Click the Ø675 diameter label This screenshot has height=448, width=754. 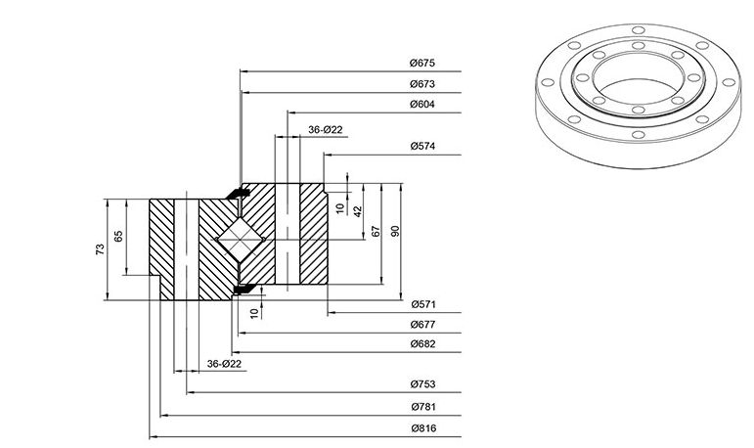[x=422, y=63]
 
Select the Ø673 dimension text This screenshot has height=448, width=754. [x=422, y=84]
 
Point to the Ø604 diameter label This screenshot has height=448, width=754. [x=422, y=105]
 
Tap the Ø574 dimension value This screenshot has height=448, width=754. [x=422, y=147]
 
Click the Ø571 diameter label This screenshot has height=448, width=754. [x=423, y=304]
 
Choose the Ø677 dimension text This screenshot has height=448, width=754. [x=422, y=325]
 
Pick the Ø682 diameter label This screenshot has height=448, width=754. [x=422, y=344]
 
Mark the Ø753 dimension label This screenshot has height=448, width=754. [x=422, y=384]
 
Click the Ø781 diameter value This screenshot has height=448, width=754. [x=423, y=407]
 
